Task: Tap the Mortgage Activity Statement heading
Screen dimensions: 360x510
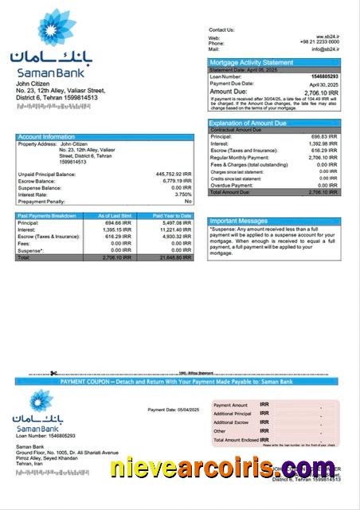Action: click(x=251, y=62)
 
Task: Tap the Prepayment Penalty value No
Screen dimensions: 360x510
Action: click(x=188, y=202)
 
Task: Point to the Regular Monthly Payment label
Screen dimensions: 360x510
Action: click(x=238, y=158)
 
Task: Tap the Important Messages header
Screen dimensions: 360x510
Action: click(x=238, y=221)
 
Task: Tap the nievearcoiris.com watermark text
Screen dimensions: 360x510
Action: click(x=223, y=469)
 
